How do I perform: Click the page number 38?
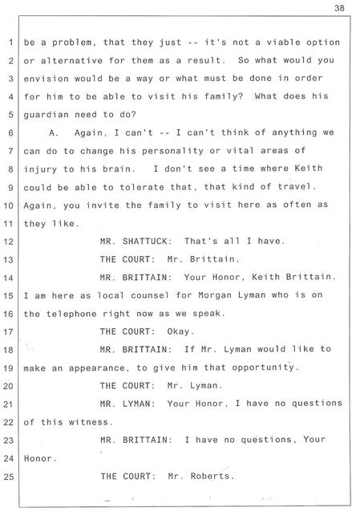tap(339, 8)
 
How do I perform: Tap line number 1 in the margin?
tap(10, 43)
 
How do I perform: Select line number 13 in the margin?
tap(8, 260)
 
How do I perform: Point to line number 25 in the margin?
tap(8, 477)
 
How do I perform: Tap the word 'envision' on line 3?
tap(46, 79)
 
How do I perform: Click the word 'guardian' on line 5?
tap(46, 115)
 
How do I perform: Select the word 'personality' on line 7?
tap(172, 151)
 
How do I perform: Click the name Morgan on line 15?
tap(215, 295)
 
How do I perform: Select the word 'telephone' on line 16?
tap(71, 314)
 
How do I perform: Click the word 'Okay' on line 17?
tap(178, 331)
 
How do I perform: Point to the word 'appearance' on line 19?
tap(97, 368)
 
